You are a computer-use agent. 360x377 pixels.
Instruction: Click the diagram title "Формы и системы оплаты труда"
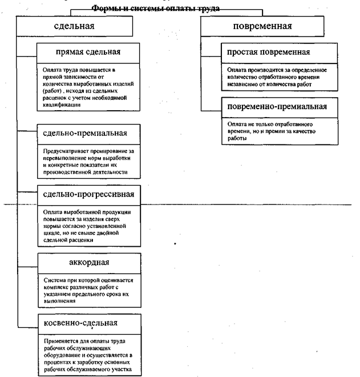[155, 9]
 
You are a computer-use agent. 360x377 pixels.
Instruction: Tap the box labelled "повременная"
[263, 26]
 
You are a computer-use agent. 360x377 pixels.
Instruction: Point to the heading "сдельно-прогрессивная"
[88, 194]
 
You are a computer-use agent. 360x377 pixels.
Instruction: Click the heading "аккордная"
[88, 262]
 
